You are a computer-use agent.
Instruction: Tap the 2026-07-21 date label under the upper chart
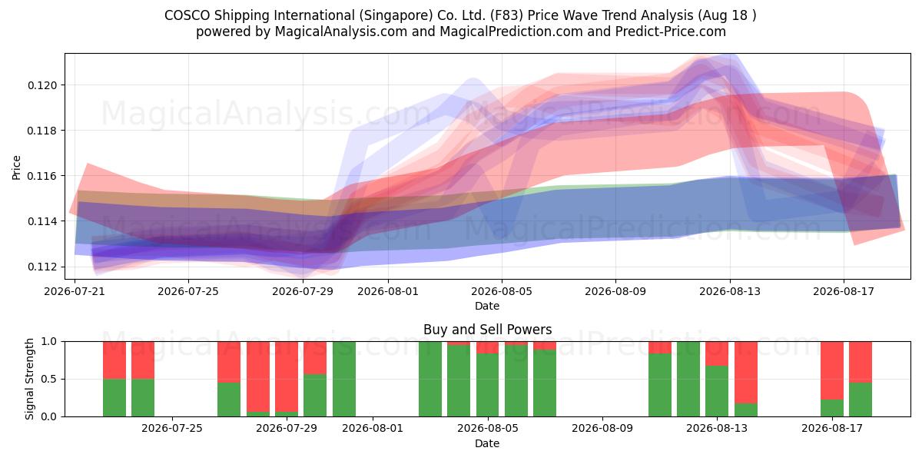[x=75, y=291]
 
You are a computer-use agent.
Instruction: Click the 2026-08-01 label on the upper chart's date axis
[x=388, y=291]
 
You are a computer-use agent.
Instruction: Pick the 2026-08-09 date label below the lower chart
[x=602, y=428]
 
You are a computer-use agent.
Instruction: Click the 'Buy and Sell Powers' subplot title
[x=487, y=330]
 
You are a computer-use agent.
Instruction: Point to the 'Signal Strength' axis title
[x=29, y=379]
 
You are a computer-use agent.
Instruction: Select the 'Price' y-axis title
[x=16, y=167]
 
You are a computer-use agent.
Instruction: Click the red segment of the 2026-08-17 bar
[x=832, y=370]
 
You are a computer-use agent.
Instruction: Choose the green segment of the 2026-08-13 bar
[x=717, y=391]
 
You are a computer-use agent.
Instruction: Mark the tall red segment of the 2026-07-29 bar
[x=287, y=376]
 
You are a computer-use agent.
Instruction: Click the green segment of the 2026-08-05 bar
[x=487, y=385]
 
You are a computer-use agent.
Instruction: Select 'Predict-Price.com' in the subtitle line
[x=671, y=32]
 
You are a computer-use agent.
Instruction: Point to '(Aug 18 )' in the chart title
[x=727, y=15]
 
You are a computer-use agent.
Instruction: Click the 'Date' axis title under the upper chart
[x=487, y=306]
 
